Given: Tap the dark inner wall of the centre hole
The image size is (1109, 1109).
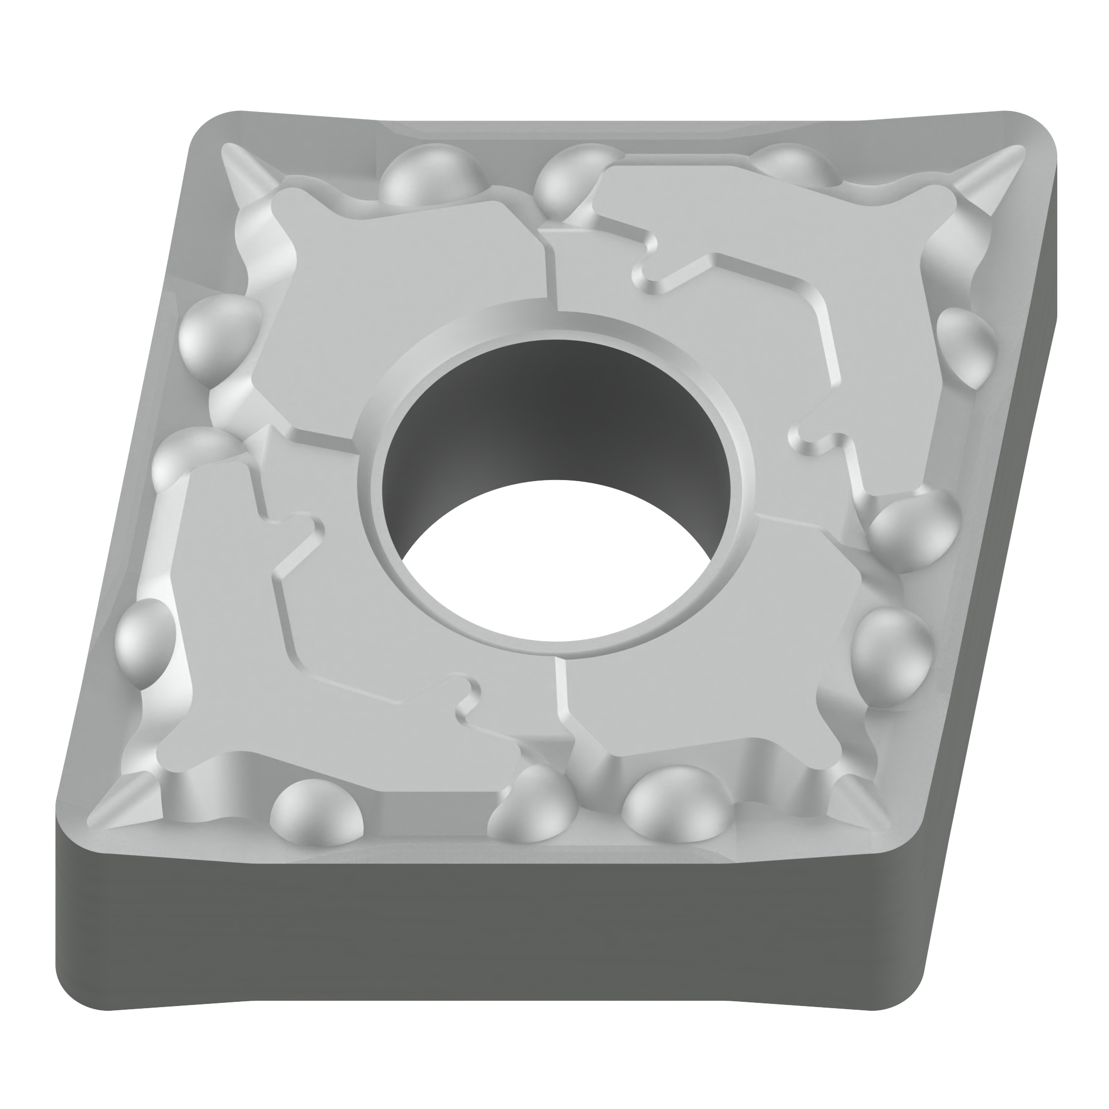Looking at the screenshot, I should pos(551,413).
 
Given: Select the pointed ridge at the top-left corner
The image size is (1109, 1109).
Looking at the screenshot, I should pos(244,172).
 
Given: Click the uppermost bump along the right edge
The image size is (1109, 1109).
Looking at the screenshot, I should pos(967,344).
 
